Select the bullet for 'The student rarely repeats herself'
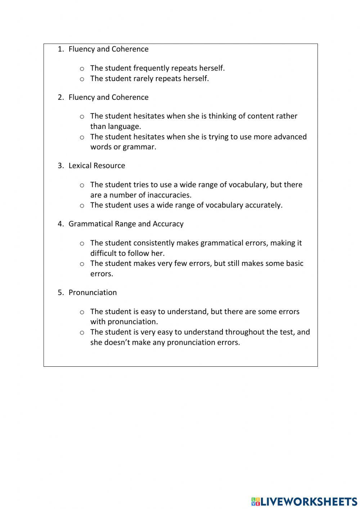tap(82, 79)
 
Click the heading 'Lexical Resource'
tap(97, 166)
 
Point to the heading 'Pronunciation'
tap(93, 293)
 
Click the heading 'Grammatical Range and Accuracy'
tap(126, 224)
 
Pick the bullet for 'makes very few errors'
tap(82, 264)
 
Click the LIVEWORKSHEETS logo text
tap(309, 501)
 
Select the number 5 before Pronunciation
tap(60, 293)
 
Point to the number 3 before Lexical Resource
tap(60, 166)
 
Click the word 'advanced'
tap(290, 137)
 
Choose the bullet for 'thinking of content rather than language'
tap(82, 117)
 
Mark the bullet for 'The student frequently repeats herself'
tap(82, 69)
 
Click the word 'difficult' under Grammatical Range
tap(105, 253)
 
